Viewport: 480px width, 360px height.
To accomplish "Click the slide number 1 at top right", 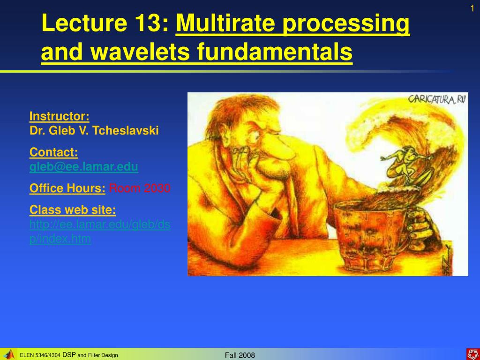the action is (x=472, y=8).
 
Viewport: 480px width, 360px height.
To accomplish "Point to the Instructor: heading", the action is (x=60, y=116).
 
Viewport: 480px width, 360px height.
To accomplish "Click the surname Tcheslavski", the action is (x=126, y=130).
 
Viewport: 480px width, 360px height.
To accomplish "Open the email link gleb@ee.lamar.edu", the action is (x=84, y=167).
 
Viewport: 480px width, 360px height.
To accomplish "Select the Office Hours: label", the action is (x=67, y=188).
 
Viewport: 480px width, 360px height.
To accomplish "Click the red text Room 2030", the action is (x=140, y=188).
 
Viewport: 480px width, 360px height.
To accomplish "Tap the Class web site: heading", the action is (x=73, y=210).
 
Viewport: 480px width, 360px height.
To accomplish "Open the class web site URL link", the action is (x=100, y=232).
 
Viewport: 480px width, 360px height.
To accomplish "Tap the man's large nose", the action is (x=277, y=149).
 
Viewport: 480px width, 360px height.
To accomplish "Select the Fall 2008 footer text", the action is (x=240, y=355).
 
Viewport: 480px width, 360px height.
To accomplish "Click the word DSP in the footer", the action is (x=69, y=355).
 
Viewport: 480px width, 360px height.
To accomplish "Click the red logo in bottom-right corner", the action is (x=473, y=354).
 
